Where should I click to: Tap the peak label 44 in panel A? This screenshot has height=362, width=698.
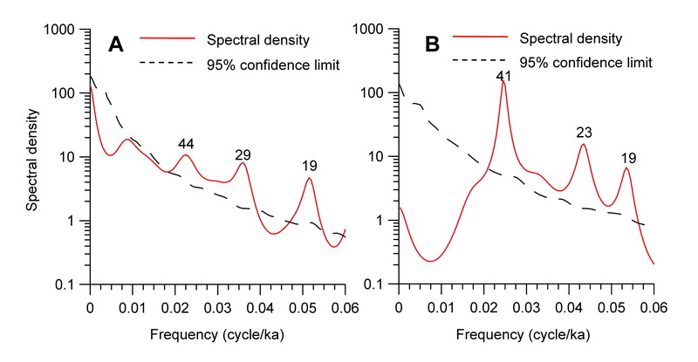(186, 144)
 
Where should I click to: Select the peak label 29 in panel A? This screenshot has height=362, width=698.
(243, 154)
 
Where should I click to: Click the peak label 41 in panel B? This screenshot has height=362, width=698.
(503, 77)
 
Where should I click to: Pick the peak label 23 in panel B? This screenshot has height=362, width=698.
(585, 133)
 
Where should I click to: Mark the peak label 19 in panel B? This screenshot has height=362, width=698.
(629, 158)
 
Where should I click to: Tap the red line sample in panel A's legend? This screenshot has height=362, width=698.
(171, 38)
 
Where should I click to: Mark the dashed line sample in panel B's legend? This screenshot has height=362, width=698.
(479, 61)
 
